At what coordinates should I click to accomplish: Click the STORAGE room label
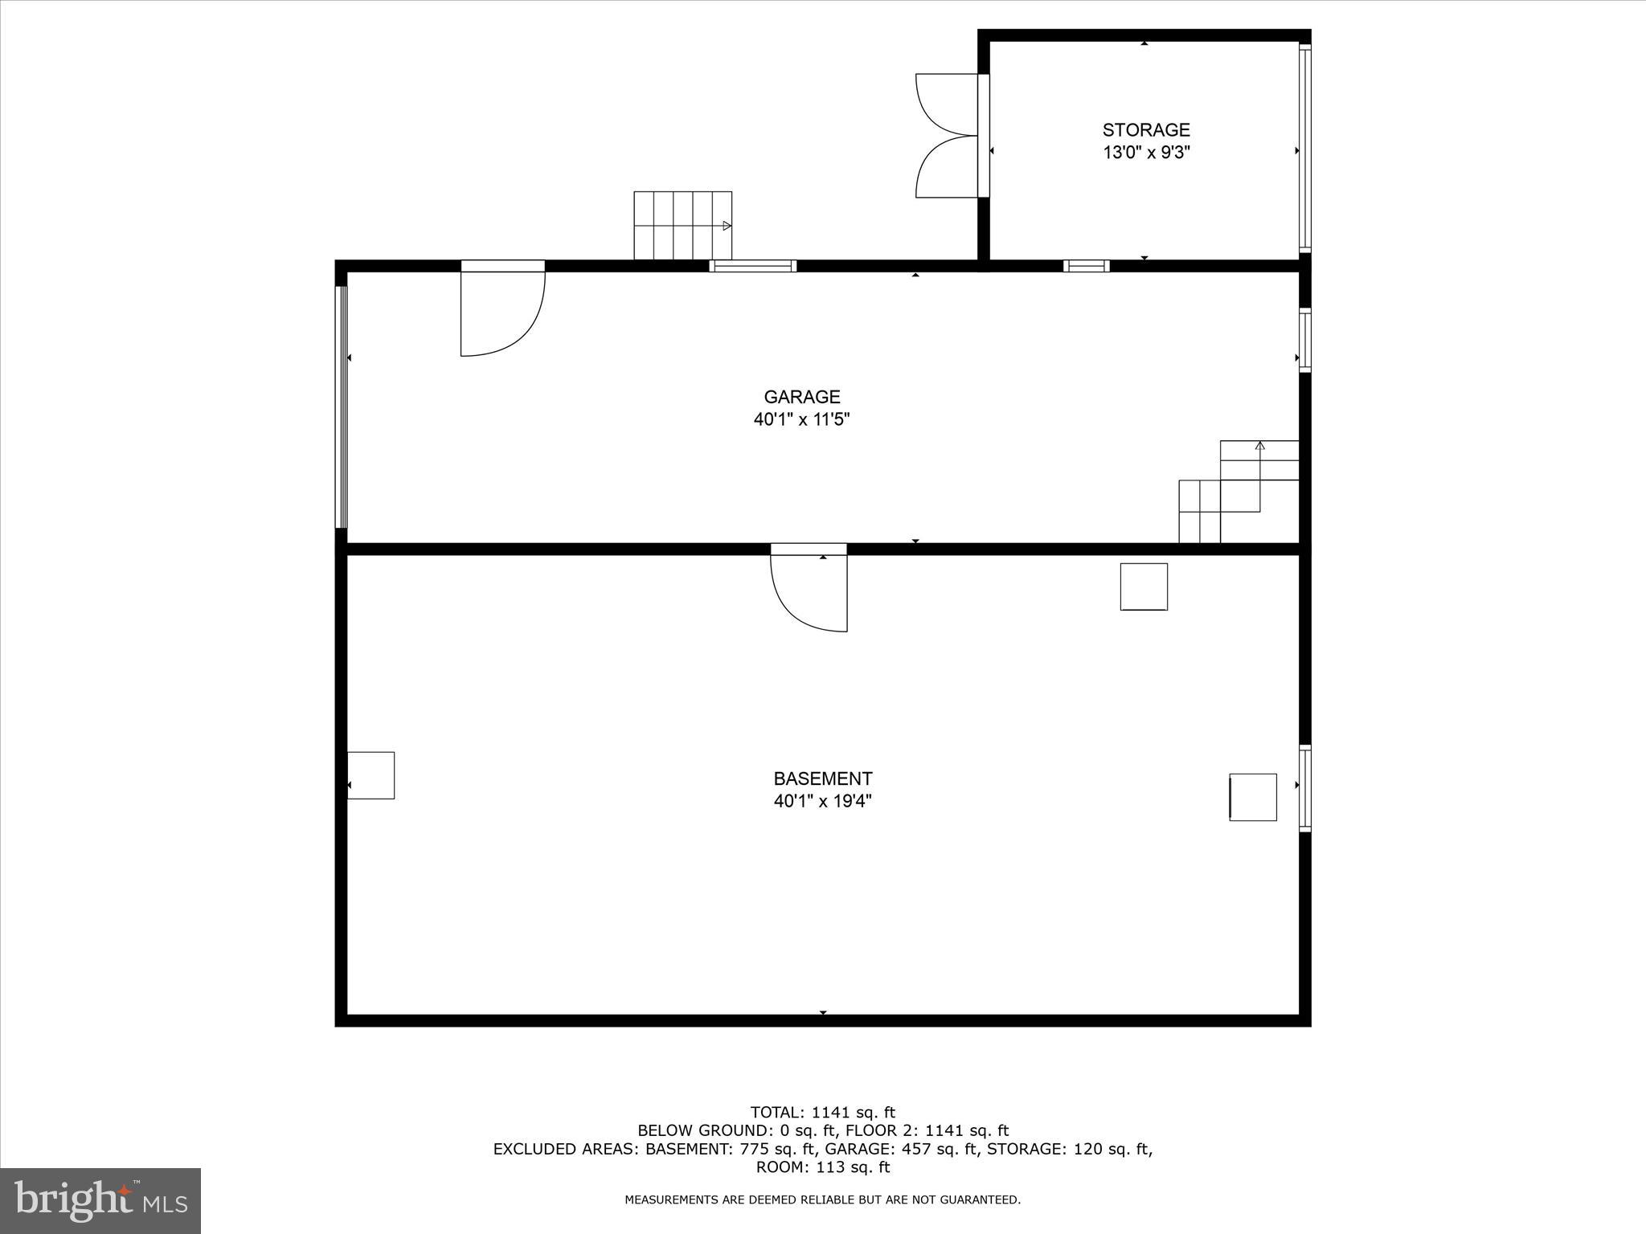pyautogui.click(x=1145, y=129)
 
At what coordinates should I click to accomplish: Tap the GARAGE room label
pyautogui.click(x=801, y=397)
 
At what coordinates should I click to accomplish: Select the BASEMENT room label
pyautogui.click(x=822, y=778)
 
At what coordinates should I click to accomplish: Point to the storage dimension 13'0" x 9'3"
pyautogui.click(x=1145, y=153)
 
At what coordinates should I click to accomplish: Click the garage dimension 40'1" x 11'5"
pyautogui.click(x=801, y=419)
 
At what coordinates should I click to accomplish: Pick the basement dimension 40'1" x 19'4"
pyautogui.click(x=822, y=801)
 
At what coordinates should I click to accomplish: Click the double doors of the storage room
pyautogui.click(x=947, y=135)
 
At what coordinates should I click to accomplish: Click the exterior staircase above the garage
pyautogui.click(x=682, y=225)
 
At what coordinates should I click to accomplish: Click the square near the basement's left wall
pyautogui.click(x=371, y=775)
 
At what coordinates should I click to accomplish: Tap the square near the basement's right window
pyautogui.click(x=1253, y=797)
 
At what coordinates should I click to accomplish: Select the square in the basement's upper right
pyautogui.click(x=1144, y=586)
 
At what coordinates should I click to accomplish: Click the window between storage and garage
pyautogui.click(x=1086, y=266)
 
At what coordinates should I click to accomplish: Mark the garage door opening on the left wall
pyautogui.click(x=342, y=407)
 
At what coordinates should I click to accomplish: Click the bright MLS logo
pyautogui.click(x=100, y=1200)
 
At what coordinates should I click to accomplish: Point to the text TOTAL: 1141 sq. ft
pyautogui.click(x=822, y=1113)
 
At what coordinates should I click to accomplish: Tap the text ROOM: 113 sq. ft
pyautogui.click(x=822, y=1167)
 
